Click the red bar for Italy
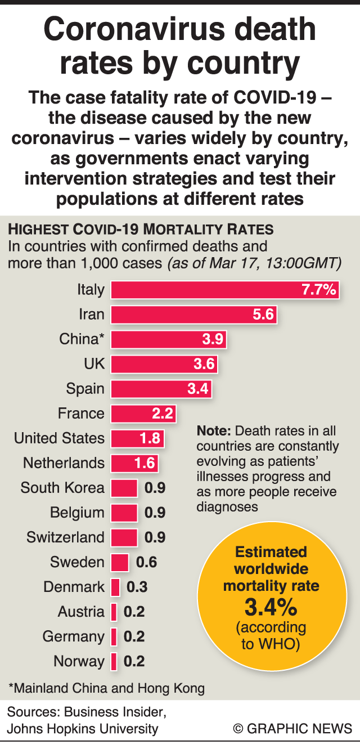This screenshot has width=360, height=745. click(225, 290)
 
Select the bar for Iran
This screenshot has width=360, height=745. click(194, 315)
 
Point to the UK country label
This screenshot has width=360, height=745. click(94, 364)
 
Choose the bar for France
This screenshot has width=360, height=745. click(143, 414)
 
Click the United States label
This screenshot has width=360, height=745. click(59, 438)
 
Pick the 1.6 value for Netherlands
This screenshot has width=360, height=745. click(144, 463)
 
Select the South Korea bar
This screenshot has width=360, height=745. click(124, 488)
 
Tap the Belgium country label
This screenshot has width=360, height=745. click(77, 513)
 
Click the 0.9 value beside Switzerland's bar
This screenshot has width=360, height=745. click(155, 537)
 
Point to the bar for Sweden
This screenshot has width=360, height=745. click(120, 562)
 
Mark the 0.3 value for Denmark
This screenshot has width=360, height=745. click(137, 587)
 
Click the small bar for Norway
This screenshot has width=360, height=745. click(114, 661)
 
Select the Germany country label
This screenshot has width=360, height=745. click(73, 636)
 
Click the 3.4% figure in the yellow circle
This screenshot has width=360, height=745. click(271, 607)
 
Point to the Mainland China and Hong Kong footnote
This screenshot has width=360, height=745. click(106, 688)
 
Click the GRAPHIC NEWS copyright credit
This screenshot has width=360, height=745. click(292, 729)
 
